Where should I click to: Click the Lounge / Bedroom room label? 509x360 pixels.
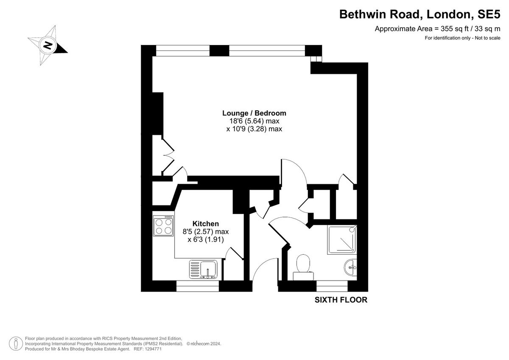click(x=254, y=113)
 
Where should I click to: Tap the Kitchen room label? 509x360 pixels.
click(x=206, y=224)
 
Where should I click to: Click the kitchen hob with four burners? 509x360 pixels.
click(x=163, y=226)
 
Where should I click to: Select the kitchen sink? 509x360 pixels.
click(x=203, y=270)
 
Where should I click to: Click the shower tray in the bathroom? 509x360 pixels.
click(x=342, y=239)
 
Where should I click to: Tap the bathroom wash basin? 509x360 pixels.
click(x=351, y=267)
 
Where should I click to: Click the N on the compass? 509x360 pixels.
click(x=48, y=45)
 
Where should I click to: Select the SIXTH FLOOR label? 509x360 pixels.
click(x=341, y=300)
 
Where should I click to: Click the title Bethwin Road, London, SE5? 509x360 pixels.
click(x=420, y=14)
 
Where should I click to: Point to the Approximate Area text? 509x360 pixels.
click(x=437, y=29)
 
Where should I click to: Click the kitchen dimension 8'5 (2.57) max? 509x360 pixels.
click(x=206, y=232)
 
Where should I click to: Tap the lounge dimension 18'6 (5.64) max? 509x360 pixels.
click(x=254, y=121)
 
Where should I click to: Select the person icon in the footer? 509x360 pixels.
click(x=16, y=343)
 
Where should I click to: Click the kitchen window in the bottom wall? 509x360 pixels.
click(x=198, y=286)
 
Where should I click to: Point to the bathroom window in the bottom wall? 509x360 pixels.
click(x=332, y=286)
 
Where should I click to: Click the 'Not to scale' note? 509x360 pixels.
click(x=487, y=38)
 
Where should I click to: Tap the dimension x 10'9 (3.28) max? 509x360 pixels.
click(x=254, y=129)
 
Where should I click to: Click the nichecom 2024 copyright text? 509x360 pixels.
click(x=204, y=343)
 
